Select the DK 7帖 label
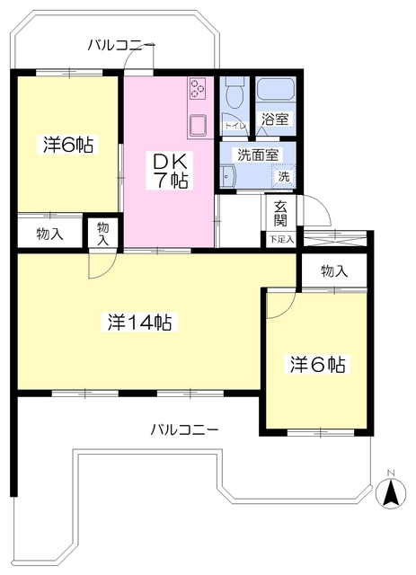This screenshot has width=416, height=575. coord(169,169)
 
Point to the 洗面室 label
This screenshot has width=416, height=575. coord(258,154)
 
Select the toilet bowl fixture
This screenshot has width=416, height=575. coord(235,93)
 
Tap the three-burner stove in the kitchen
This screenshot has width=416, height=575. coord(198,90)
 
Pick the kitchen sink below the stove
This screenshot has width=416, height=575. coord(198,125)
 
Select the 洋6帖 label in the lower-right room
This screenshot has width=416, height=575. coord(317,365)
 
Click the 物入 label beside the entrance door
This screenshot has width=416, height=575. coord(333,271)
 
